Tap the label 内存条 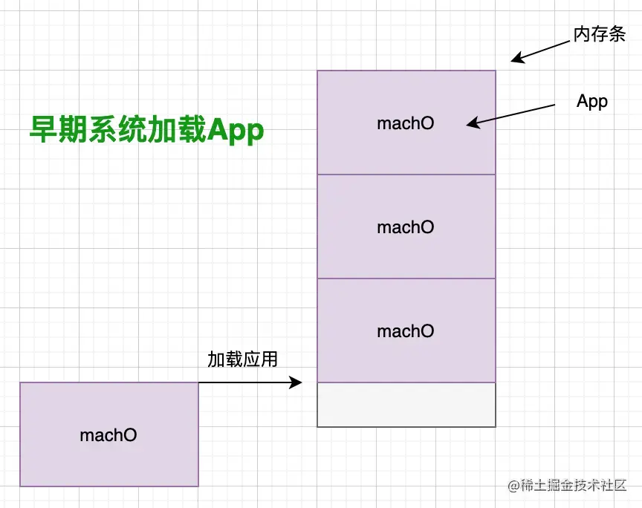[599, 34]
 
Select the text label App [592, 102]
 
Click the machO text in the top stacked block [405, 123]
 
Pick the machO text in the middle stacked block [405, 227]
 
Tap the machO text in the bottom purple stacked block [405, 331]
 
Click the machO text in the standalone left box [108, 435]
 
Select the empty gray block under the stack [406, 405]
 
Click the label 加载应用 [242, 359]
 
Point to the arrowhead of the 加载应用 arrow [297, 382]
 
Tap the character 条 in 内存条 [617, 34]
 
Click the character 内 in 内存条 [581, 34]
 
